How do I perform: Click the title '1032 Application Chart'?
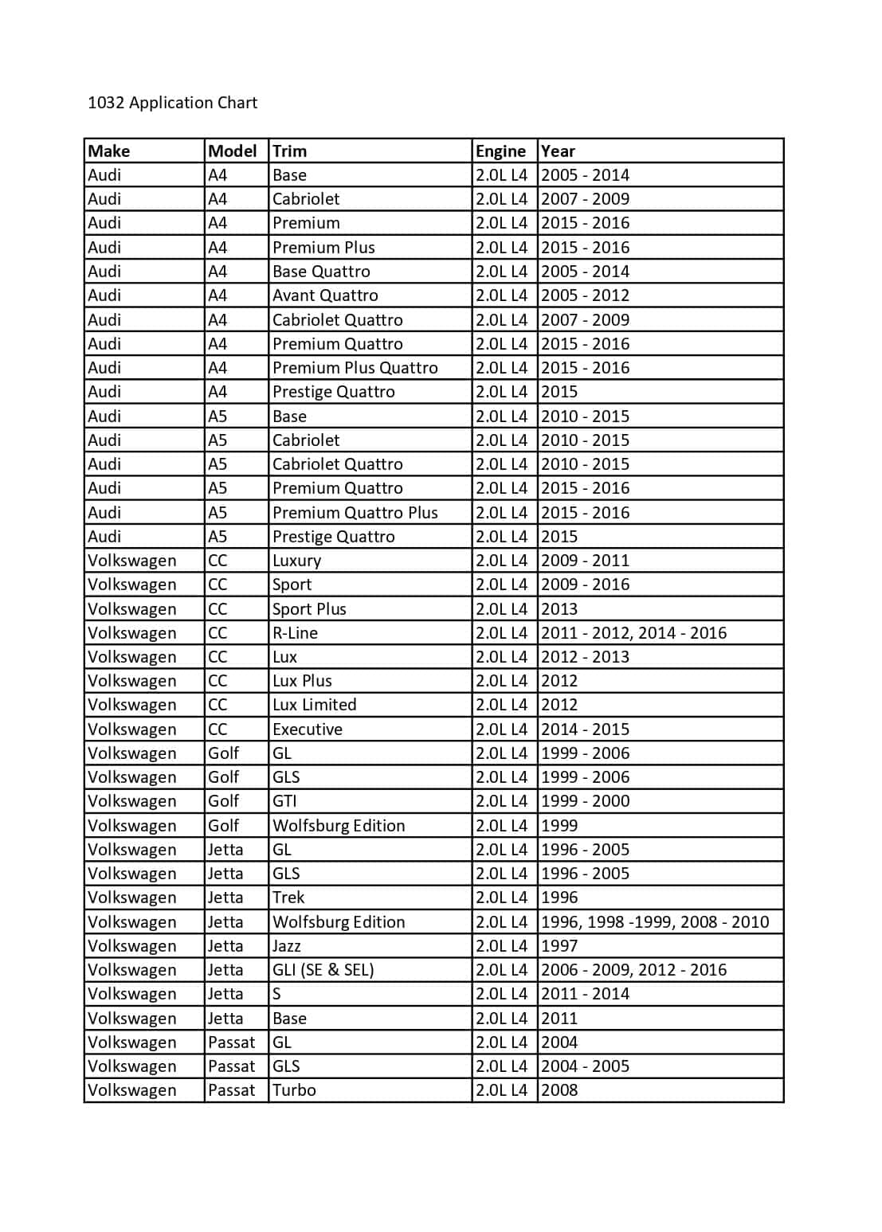pyautogui.click(x=172, y=103)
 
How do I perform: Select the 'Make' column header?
pyautogui.click(x=109, y=151)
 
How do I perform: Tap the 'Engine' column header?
pyautogui.click(x=500, y=151)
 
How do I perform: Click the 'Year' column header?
pyautogui.click(x=558, y=151)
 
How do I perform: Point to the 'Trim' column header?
pyautogui.click(x=289, y=151)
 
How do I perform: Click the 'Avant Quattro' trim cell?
pyautogui.click(x=325, y=295)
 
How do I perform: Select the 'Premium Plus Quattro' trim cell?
pyautogui.click(x=355, y=368)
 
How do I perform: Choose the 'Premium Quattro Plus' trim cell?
pyautogui.click(x=355, y=513)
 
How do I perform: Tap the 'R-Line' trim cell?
pyautogui.click(x=295, y=633)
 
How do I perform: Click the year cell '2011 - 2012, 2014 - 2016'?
pyautogui.click(x=633, y=633)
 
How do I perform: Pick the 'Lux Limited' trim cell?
pyautogui.click(x=314, y=705)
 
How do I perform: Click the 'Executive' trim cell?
pyautogui.click(x=307, y=729)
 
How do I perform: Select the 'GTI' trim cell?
pyautogui.click(x=284, y=801)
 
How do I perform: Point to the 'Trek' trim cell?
pyautogui.click(x=288, y=898)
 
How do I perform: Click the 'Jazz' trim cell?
pyautogui.click(x=286, y=946)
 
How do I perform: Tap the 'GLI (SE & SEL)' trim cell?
pyautogui.click(x=323, y=970)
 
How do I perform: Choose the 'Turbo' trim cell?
pyautogui.click(x=294, y=1090)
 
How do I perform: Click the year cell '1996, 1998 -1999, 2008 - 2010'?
pyautogui.click(x=655, y=922)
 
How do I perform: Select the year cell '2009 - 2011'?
pyautogui.click(x=585, y=561)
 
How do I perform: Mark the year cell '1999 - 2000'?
pyautogui.click(x=585, y=801)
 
